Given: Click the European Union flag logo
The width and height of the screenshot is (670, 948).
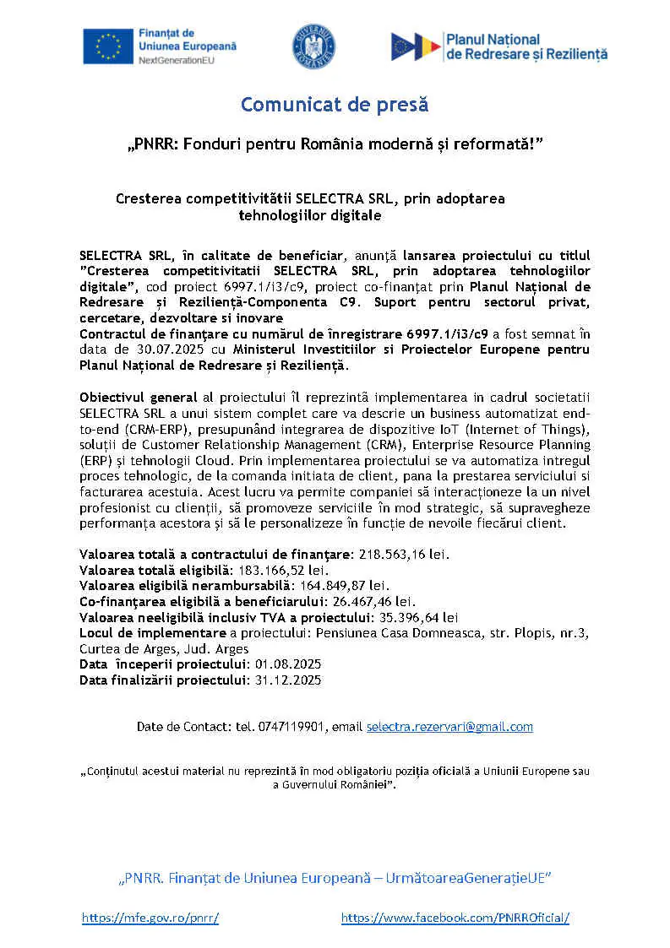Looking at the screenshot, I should click(107, 46).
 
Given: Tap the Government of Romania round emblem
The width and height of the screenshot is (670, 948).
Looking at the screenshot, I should click(313, 46).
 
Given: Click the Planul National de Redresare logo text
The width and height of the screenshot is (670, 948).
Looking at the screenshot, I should click(526, 46).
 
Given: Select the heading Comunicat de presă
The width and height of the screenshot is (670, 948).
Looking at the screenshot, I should click(335, 105).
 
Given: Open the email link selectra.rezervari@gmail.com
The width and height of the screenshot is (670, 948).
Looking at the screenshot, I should click(449, 727).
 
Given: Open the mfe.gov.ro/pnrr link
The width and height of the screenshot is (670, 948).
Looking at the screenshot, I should click(150, 918).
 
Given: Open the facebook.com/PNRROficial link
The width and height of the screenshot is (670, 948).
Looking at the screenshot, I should click(455, 918).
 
